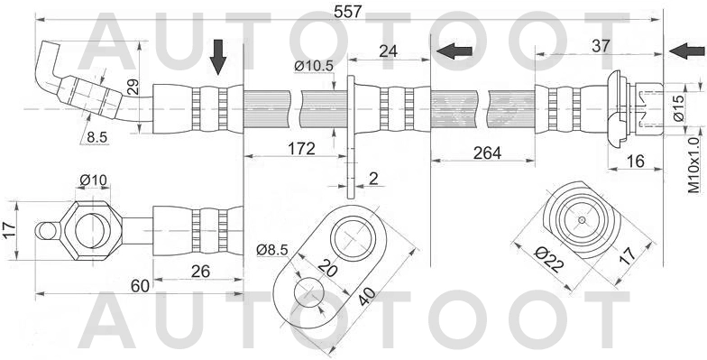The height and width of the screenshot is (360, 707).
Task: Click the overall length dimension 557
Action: coord(348,12)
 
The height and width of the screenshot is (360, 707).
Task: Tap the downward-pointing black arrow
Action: coord(218,57)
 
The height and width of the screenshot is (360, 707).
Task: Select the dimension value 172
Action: coord(301,148)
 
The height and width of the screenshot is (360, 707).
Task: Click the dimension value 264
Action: coord(487,153)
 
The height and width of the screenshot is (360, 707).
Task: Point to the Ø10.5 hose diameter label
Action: coord(314,67)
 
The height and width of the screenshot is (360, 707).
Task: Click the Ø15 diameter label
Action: coord(679,108)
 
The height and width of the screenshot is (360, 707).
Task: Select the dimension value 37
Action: coord(601,46)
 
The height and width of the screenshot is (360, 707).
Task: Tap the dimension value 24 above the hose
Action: coord(388,51)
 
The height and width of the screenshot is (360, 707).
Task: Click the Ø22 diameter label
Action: coord(548,261)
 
